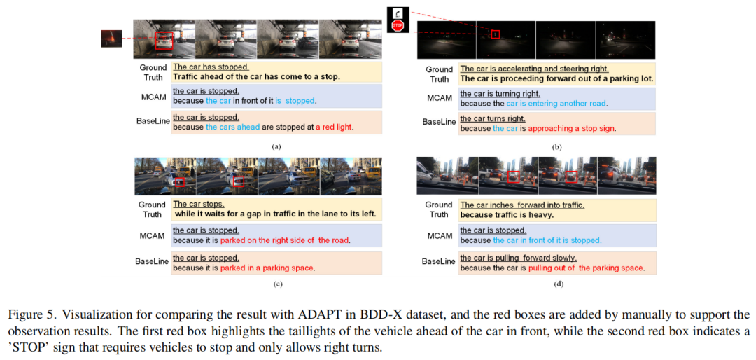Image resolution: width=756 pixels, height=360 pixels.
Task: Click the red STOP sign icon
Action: [398, 26]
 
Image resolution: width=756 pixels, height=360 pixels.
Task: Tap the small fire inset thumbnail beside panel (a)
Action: [111, 39]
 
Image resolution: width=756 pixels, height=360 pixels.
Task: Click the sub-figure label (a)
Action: [276, 146]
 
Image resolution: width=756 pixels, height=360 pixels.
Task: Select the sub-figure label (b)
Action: [559, 146]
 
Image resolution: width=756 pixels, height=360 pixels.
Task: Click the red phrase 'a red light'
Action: [334, 127]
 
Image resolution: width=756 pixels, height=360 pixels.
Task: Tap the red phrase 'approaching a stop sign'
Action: [572, 130]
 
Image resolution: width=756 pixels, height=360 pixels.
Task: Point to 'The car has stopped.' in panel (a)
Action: [211, 67]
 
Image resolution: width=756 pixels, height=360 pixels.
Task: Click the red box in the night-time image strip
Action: [496, 34]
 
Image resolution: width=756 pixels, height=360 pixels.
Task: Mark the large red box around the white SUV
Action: [164, 41]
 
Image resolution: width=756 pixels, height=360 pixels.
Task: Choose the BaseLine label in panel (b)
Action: [439, 123]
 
